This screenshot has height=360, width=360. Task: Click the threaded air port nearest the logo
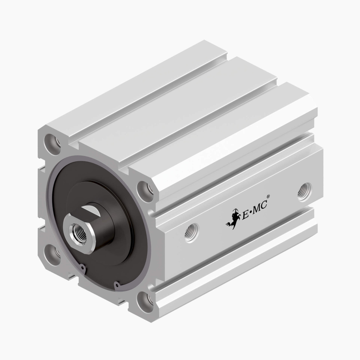[x=191, y=232]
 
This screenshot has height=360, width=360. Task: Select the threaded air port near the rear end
[x=304, y=192]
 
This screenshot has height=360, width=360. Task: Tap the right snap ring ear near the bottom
[x=116, y=285]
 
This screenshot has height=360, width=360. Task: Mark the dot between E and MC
[x=250, y=213]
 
